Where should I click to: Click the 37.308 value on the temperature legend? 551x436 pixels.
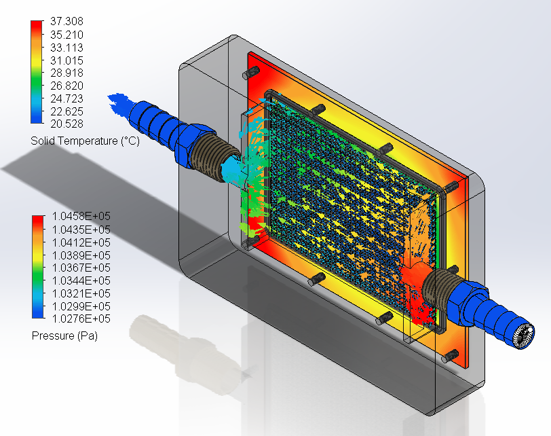(66, 22)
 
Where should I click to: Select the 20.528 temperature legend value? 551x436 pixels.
(66, 124)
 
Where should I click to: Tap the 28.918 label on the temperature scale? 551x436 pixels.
(66, 73)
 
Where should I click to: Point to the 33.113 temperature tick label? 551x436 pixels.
(66, 48)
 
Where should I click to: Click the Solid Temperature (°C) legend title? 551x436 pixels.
(85, 141)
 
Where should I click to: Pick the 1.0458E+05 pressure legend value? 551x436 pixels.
(81, 216)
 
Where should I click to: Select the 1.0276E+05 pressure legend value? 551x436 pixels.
(81, 319)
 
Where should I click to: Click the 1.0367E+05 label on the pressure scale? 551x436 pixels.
(81, 268)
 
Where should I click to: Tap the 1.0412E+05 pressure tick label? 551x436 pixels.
(81, 242)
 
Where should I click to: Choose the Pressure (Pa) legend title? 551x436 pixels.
(64, 335)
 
